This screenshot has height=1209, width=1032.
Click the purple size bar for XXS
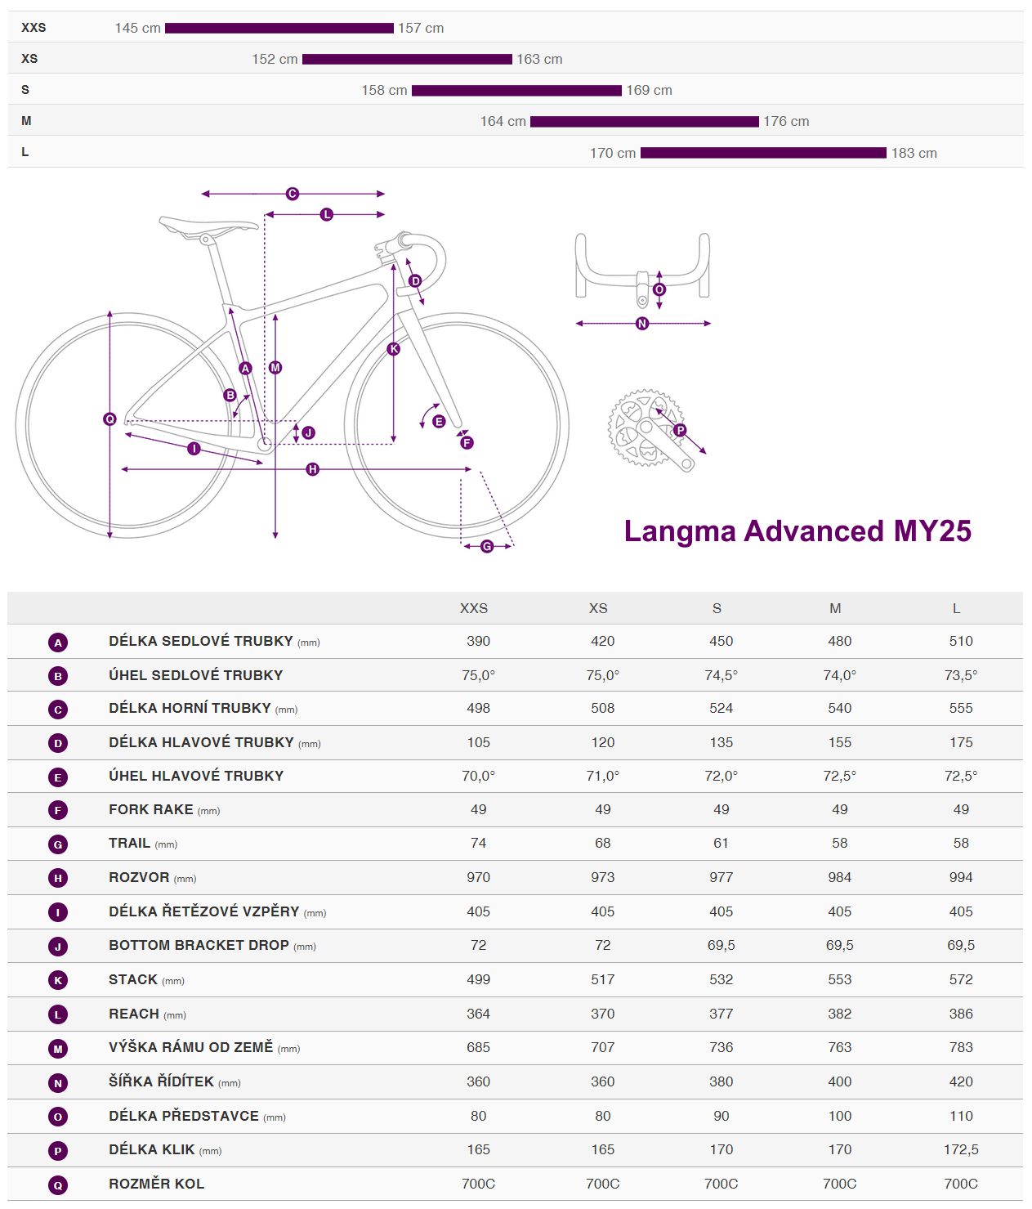tap(279, 28)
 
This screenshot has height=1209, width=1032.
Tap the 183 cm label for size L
tap(914, 153)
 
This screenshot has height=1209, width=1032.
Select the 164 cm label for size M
tap(503, 121)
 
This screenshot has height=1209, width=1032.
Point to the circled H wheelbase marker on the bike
tap(312, 469)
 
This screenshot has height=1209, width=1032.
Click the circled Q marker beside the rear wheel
tap(109, 419)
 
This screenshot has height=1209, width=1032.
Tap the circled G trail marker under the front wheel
tap(487, 546)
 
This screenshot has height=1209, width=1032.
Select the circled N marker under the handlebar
tap(642, 324)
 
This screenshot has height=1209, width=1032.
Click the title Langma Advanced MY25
tap(797, 531)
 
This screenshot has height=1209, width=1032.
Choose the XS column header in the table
tap(598, 608)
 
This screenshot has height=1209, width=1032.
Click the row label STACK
tap(133, 979)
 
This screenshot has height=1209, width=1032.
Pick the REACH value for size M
tap(839, 1014)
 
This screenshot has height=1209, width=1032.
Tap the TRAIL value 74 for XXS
tap(478, 843)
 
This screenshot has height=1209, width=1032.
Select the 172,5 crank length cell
tap(960, 1149)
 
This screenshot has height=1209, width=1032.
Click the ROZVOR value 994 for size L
tap(960, 877)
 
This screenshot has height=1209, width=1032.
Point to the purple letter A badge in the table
tap(58, 643)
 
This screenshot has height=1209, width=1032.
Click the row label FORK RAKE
tap(151, 809)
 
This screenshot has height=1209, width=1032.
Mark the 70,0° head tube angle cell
tap(478, 776)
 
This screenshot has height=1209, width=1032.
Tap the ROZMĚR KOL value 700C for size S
tap(721, 1184)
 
